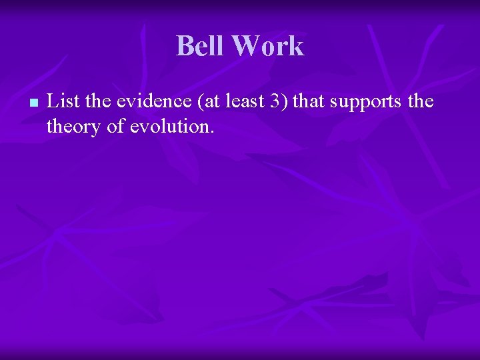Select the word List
coord(61,101)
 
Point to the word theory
coord(74,127)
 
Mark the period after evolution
coord(212,131)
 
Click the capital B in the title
coord(185,46)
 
